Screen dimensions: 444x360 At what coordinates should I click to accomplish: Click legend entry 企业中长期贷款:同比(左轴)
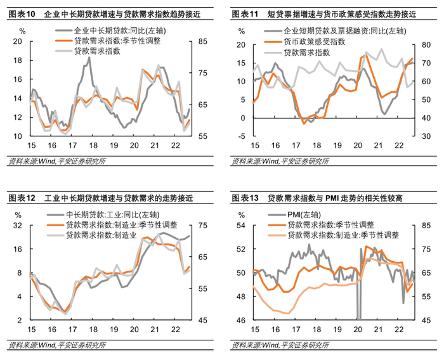[x=120, y=31]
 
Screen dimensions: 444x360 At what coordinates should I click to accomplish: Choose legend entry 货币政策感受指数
[x=315, y=42]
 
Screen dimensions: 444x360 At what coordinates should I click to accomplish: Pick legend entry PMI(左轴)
[x=304, y=215]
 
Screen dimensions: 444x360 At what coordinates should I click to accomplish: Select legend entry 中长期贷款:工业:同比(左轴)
[x=113, y=215]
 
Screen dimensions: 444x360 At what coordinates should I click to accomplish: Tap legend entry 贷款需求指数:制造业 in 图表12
[x=101, y=235]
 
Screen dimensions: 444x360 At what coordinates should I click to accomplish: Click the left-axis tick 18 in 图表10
[x=18, y=60]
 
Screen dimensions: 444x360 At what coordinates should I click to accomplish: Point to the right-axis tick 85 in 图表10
[x=203, y=41]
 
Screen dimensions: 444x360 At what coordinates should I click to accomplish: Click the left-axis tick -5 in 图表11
[x=242, y=136]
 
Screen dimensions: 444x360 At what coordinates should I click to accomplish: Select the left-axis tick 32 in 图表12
[x=18, y=226]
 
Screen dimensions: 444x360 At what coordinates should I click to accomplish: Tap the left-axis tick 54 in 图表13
[x=241, y=226]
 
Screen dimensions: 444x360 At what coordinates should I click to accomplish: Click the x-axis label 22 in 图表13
[x=399, y=330]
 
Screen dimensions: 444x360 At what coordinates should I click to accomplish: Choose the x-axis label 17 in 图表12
[x=73, y=330]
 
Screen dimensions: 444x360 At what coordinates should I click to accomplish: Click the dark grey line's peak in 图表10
[x=89, y=58]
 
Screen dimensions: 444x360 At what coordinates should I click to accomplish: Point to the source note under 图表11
[x=280, y=162]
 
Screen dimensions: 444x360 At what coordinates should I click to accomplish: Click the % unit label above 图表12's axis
[x=18, y=215]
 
